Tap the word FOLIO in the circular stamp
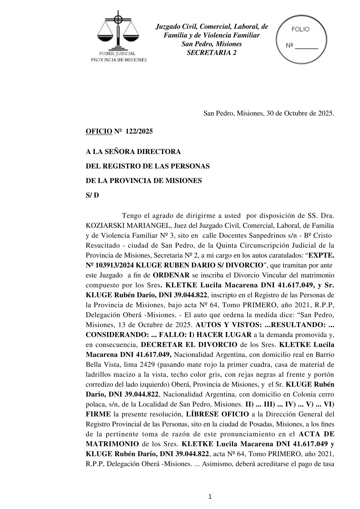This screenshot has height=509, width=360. tap(300, 29)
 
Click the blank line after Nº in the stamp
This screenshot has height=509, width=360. tap(306, 47)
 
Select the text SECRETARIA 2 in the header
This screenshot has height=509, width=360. tap(211, 53)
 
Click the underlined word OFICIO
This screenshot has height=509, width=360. tap(99, 132)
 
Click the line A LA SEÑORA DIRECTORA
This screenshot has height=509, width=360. tap(133, 152)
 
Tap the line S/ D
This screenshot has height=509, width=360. tap(92, 195)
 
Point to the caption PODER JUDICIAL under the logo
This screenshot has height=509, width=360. tap(118, 54)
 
